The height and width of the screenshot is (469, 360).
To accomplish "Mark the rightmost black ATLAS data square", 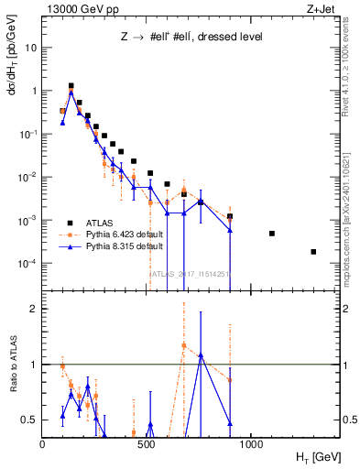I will pyautogui.click(x=313, y=252).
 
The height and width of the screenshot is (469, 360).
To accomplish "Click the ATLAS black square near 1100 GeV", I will pyautogui.click(x=272, y=234).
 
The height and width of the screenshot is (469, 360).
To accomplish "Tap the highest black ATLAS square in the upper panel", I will pyautogui.click(x=71, y=86).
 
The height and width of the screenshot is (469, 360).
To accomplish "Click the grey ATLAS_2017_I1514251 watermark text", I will pyautogui.click(x=190, y=273).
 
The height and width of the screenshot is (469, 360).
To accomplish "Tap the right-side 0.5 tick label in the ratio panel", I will pyautogui.click(x=350, y=420).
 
